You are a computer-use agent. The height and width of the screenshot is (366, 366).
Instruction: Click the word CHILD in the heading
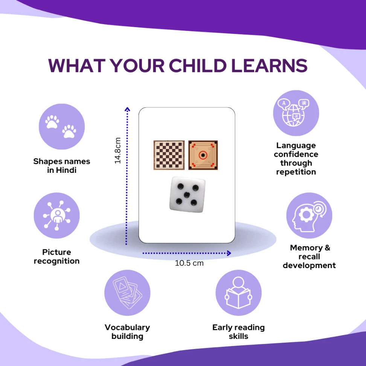point(197,66)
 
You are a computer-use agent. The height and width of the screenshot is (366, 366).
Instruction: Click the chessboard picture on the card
point(169,155)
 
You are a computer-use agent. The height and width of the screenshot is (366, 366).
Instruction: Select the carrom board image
point(203,155)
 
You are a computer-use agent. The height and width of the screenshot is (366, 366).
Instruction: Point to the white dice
point(187,195)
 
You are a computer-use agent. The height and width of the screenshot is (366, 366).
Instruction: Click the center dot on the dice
point(186,195)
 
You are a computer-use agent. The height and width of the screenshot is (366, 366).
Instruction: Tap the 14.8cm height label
point(117,151)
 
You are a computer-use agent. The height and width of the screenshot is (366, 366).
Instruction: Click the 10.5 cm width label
point(189,263)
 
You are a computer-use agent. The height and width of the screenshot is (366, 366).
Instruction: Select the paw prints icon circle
point(62,127)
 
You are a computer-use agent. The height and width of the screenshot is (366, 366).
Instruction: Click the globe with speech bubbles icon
point(296,113)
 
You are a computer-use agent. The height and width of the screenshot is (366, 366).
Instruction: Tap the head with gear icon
point(309,215)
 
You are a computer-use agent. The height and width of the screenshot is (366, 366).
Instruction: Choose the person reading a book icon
point(238,293)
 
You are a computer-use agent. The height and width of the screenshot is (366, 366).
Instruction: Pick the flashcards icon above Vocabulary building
point(127,293)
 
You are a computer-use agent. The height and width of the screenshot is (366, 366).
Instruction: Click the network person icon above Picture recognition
point(57,215)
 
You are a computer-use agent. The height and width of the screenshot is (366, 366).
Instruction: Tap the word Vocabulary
point(127,328)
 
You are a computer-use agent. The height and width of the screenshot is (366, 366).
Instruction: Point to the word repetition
point(296,172)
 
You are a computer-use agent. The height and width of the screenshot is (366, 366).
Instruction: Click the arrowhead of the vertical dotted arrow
point(127,109)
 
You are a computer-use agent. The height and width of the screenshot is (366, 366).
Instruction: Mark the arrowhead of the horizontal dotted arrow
point(229,253)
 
